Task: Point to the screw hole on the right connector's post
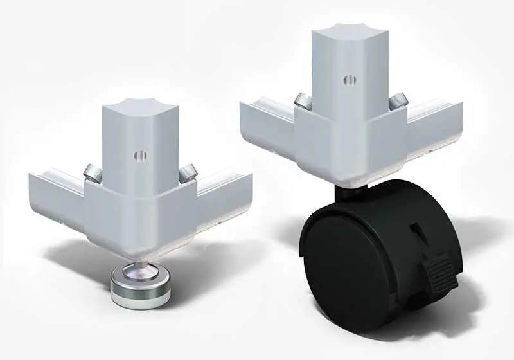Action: pyautogui.click(x=349, y=80)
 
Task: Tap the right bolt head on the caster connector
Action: pyautogui.click(x=397, y=99)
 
